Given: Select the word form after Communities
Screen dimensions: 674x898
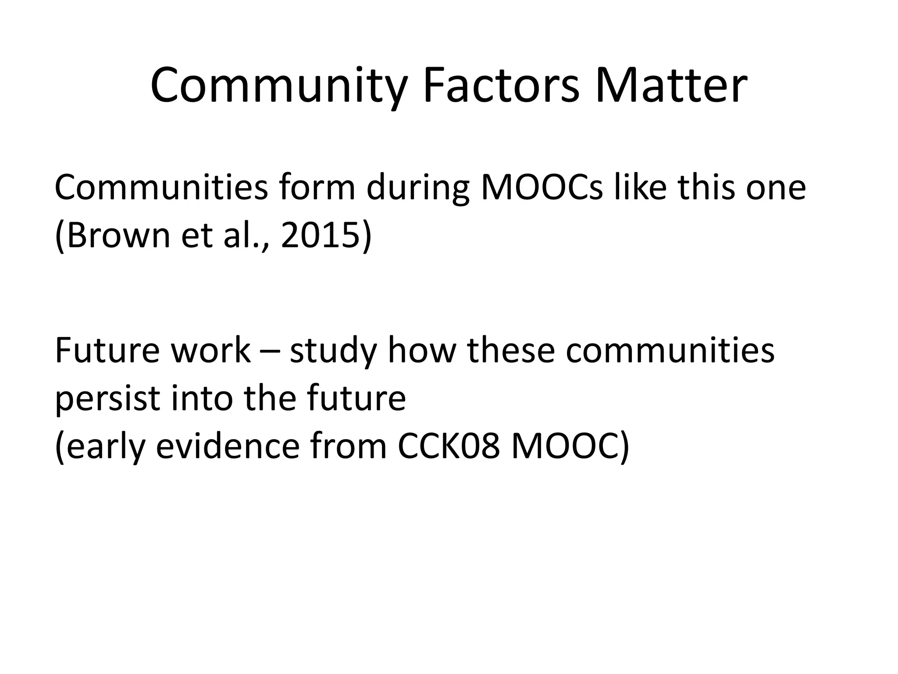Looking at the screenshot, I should (x=317, y=187).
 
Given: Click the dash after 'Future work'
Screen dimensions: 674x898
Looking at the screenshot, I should (x=270, y=351).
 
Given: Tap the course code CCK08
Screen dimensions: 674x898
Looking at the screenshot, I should (x=449, y=446).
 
